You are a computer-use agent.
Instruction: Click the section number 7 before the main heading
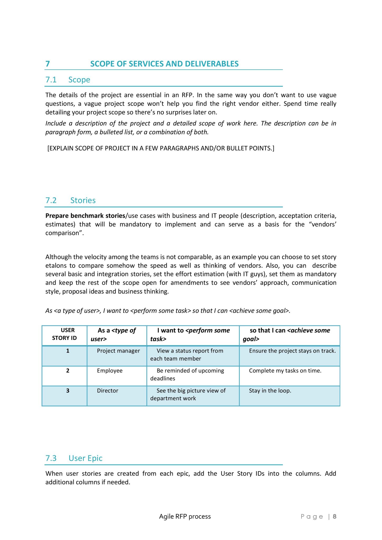click(x=48, y=64)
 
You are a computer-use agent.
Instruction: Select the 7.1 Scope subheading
click(x=68, y=80)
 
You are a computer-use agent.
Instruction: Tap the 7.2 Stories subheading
click(x=70, y=200)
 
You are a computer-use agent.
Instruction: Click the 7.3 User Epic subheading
click(x=74, y=458)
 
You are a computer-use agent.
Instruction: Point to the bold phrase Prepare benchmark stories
click(x=85, y=216)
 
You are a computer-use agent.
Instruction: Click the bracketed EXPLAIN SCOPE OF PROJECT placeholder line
click(x=161, y=148)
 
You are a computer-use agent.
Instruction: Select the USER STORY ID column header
click(x=65, y=334)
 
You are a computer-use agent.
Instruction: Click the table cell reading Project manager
click(x=118, y=351)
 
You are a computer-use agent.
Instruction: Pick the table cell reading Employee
click(x=110, y=371)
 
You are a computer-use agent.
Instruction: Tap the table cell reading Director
click(x=107, y=390)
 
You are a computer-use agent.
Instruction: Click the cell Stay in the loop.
click(x=270, y=390)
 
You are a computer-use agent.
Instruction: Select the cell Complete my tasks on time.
click(x=285, y=371)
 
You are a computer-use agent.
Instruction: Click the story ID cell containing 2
click(x=68, y=371)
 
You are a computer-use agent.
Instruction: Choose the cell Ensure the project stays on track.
click(x=292, y=351)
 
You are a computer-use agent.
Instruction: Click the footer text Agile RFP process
click(x=185, y=517)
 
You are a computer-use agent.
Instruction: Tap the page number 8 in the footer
click(x=334, y=517)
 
